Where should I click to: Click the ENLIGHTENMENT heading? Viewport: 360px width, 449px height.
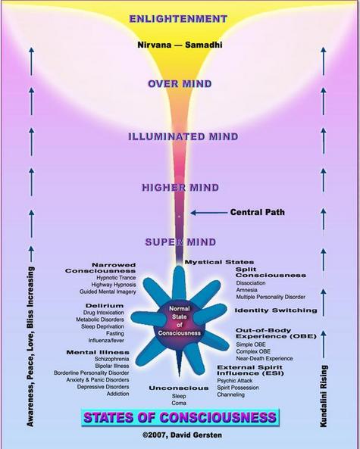coord(178,19)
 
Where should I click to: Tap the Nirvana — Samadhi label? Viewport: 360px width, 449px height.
coord(180,45)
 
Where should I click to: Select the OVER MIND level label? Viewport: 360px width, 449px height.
coord(180,84)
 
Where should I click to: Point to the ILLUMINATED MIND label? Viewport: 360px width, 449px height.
coord(183,136)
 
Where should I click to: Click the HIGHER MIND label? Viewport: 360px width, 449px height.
coord(180,188)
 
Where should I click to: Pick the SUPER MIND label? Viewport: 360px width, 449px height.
coord(180,242)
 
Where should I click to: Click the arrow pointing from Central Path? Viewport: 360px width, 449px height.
coord(209,213)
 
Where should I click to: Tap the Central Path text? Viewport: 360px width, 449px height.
coord(258,212)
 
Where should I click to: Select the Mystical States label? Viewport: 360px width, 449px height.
coord(219,262)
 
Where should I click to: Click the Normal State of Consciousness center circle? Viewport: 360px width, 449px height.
coord(180,322)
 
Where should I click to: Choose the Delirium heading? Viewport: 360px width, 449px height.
coord(105,306)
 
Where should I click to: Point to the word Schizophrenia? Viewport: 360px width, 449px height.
coord(111,359)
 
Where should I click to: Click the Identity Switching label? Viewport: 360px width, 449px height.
coord(276,310)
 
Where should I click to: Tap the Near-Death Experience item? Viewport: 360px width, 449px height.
coord(265,358)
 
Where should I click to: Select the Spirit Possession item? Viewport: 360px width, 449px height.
coord(238,388)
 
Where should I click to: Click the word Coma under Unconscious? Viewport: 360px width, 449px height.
coord(179,403)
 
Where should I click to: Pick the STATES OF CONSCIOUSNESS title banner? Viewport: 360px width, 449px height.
coord(180,417)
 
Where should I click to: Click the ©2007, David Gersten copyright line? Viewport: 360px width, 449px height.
coord(183,435)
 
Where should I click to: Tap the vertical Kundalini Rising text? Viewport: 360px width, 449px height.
coord(324,396)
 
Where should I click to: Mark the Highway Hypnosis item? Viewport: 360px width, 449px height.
coord(114,285)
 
